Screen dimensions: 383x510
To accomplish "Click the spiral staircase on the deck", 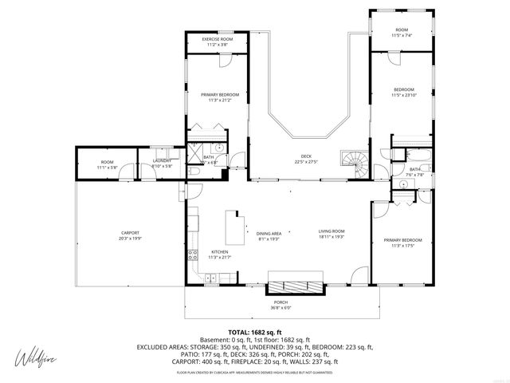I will [x=352, y=164].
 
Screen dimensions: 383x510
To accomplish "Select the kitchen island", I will [x=234, y=229].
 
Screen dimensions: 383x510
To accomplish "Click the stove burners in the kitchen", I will [x=192, y=255].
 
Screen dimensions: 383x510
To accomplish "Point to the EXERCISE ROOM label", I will [x=217, y=41].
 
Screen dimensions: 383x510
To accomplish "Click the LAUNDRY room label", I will [x=162, y=163].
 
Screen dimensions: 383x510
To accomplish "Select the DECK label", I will [x=306, y=158].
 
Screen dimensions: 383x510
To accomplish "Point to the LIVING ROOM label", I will [x=331, y=232].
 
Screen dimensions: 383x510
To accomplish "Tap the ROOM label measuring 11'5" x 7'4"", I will [x=401, y=30].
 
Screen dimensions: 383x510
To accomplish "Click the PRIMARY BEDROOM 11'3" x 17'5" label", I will [x=402, y=242].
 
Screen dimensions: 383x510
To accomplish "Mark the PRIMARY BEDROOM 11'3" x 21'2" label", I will [x=219, y=96].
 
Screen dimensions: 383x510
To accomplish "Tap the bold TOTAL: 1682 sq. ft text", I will [x=255, y=332].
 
